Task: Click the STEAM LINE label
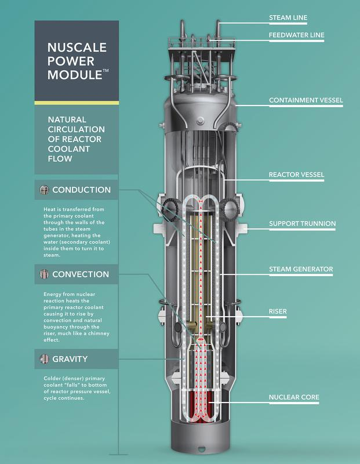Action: tap(288, 18)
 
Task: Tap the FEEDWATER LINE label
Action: tap(296, 35)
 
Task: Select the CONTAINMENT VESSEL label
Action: tap(306, 100)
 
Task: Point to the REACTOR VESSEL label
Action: tap(296, 175)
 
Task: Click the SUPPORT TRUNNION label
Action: tap(302, 223)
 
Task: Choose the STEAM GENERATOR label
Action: tap(301, 269)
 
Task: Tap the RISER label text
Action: tap(278, 311)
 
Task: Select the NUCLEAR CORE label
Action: tap(294, 397)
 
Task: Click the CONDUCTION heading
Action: tap(81, 190)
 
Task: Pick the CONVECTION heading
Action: tap(81, 274)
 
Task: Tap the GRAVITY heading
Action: tap(70, 359)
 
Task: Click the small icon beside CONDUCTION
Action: tap(44, 190)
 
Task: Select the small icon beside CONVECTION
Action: tap(44, 274)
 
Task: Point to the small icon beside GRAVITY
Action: tap(44, 359)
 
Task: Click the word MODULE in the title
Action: tap(75, 75)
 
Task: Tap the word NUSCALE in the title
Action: tap(77, 48)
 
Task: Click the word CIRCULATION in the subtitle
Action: tap(77, 129)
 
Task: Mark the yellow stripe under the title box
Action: tap(77, 103)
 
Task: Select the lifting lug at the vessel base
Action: tap(202, 448)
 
